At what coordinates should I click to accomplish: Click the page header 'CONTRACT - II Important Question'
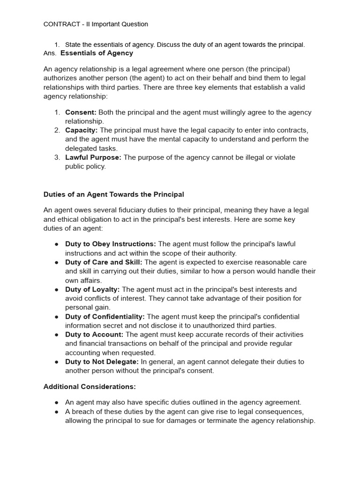tap(96, 24)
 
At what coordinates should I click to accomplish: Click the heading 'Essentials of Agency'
tap(97, 53)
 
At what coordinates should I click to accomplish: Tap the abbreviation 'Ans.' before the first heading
tap(50, 53)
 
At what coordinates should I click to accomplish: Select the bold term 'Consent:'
tap(81, 112)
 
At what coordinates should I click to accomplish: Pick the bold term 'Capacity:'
tap(82, 130)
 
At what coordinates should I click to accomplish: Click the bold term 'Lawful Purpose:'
tap(93, 157)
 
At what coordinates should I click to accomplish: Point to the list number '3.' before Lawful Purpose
tap(57, 157)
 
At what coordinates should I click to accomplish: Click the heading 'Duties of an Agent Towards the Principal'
tap(114, 194)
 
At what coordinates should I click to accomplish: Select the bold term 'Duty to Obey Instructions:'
tap(111, 244)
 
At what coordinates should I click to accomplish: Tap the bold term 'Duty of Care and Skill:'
tap(104, 262)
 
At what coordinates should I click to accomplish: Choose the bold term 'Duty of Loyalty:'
tap(92, 290)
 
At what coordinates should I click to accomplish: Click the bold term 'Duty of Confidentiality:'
tap(105, 317)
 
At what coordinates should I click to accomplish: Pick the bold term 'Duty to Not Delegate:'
tap(102, 362)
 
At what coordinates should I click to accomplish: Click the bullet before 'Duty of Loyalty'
tap(56, 290)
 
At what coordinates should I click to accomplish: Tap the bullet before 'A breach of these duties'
tap(56, 412)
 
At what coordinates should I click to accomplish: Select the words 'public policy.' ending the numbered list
tap(85, 166)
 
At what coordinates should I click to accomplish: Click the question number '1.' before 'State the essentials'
tap(57, 45)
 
